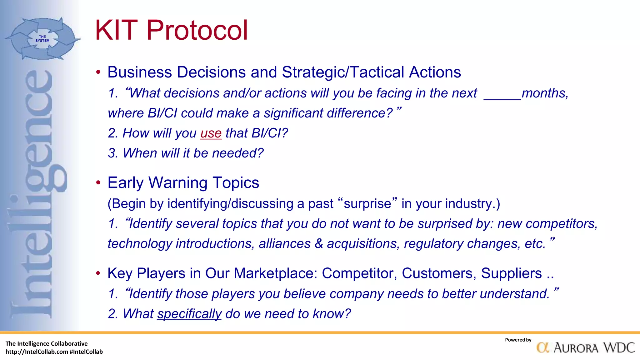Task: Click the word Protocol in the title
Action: pos(197,30)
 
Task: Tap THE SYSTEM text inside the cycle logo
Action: pos(42,39)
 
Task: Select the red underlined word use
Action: pos(211,133)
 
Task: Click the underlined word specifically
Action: pos(189,314)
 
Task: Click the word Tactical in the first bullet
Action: pos(377,72)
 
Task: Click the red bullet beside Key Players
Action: pos(98,273)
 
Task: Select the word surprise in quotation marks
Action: pos(367,204)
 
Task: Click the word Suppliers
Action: pos(511,273)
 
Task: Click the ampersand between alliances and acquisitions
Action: pos(318,244)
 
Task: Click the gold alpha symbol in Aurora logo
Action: pos(543,348)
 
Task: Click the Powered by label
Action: pos(518,340)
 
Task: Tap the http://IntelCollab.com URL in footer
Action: pos(37,352)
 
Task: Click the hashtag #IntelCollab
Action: pos(86,352)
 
